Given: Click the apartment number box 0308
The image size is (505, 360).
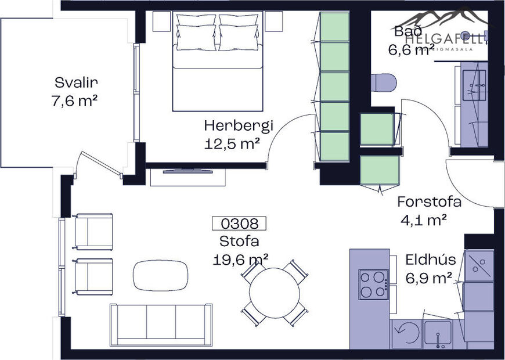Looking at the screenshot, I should [239, 223].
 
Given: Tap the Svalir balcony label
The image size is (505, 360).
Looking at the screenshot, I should [73, 82].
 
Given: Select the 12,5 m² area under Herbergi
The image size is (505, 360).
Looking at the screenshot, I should [232, 144].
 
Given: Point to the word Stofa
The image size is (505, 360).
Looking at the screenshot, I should [239, 241].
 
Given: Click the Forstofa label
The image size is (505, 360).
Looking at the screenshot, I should [429, 202].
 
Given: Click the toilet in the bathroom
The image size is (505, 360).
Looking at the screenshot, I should [383, 82].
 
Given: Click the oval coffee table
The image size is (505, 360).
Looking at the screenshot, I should [161, 275].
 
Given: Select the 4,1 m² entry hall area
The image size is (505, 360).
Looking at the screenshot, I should [423, 220].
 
